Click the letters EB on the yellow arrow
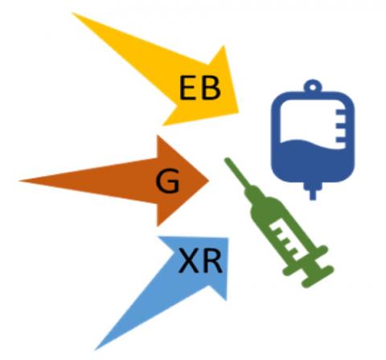click(x=200, y=88)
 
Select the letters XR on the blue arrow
click(x=200, y=260)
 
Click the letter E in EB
click(x=187, y=88)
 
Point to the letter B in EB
click(x=211, y=88)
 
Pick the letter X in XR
click(x=189, y=260)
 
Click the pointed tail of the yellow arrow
click(x=72, y=13)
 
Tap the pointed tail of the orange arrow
click(x=20, y=181)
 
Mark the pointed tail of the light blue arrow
click(x=96, y=350)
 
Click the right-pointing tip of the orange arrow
click(x=208, y=181)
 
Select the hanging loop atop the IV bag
click(x=313, y=86)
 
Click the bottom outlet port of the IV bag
click(x=313, y=190)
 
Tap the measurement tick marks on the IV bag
click(x=340, y=129)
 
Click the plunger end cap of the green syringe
click(x=318, y=276)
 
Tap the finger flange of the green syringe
click(x=306, y=260)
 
